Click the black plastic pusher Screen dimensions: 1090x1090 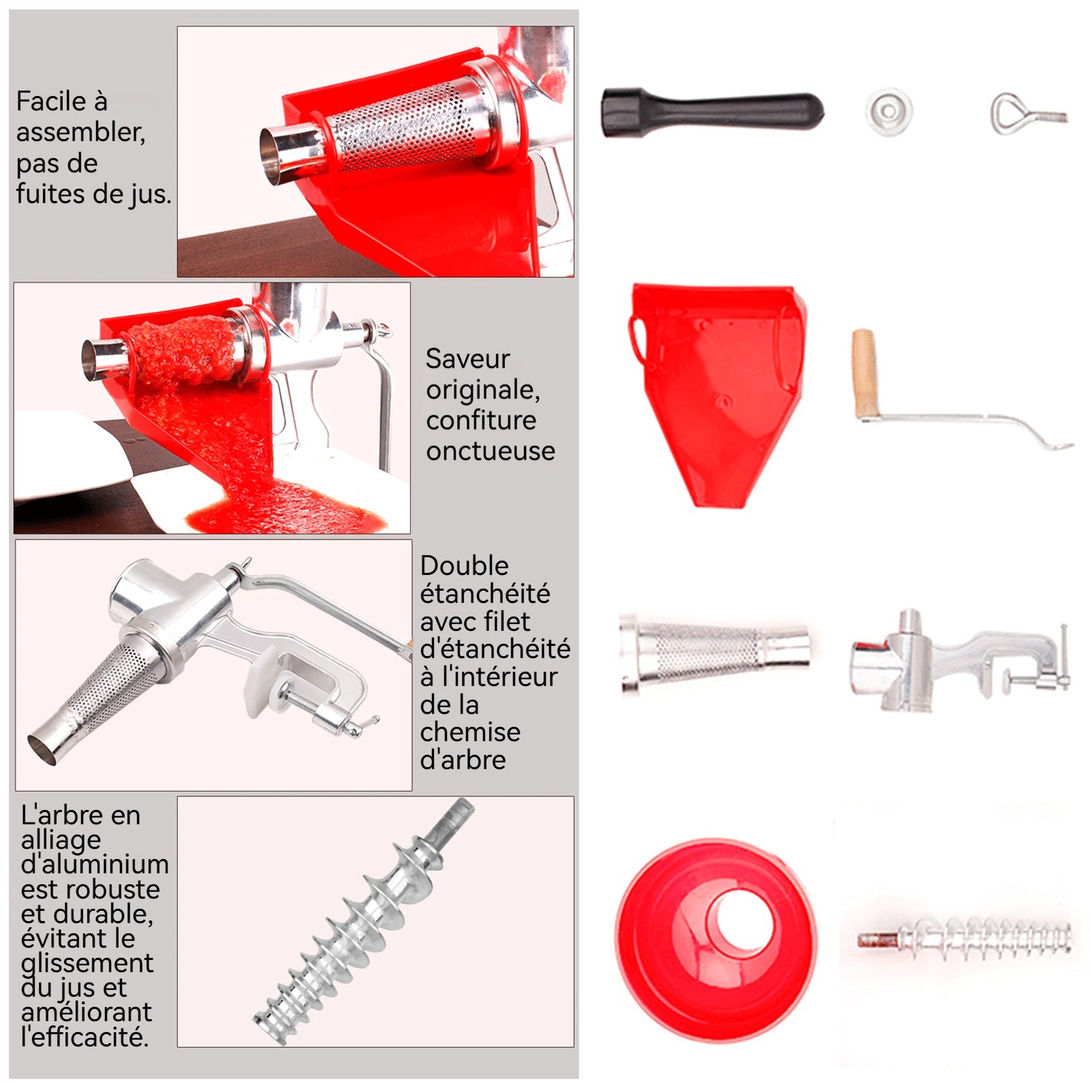(x=712, y=112)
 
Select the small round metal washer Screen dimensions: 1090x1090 (x=889, y=111)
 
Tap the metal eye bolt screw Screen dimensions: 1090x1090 (x=1027, y=113)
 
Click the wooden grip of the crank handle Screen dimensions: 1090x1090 (x=865, y=373)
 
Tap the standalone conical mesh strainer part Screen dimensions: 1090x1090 (x=715, y=653)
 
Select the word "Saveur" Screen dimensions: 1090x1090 (x=467, y=358)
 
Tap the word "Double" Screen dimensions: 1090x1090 (x=465, y=565)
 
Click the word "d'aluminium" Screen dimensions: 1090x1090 (x=95, y=864)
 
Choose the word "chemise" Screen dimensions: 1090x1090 (x=470, y=732)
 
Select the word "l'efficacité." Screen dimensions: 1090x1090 (x=85, y=1037)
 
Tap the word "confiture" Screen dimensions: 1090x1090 (x=481, y=420)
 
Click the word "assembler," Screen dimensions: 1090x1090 (x=81, y=132)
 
